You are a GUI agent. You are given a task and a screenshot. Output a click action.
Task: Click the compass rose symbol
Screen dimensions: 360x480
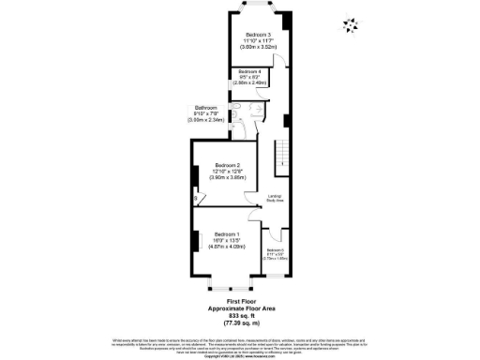coord(352,24)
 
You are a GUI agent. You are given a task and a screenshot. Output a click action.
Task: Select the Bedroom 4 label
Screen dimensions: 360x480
coord(248,71)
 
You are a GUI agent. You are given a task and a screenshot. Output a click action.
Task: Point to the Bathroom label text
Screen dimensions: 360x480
coord(205,107)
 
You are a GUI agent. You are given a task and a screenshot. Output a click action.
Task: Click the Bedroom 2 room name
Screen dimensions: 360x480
coord(226,166)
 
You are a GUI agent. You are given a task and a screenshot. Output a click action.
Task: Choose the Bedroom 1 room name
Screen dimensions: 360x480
coord(226,233)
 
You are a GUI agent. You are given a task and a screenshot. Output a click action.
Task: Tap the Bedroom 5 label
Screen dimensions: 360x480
coord(275,250)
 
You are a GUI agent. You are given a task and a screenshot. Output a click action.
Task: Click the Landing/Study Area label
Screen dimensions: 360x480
coord(275,196)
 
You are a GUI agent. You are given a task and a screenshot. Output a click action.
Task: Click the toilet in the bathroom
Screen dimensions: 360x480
coord(240,120)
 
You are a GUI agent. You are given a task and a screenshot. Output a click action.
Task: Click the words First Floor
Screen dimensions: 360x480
coord(241,300)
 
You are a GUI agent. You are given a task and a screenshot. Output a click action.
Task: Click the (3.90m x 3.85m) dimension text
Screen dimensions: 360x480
coord(226,178)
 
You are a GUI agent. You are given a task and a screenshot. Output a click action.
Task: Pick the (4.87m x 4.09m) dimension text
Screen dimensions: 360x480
coord(226,247)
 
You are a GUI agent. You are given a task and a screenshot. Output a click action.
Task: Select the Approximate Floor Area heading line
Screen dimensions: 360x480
coord(241,307)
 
